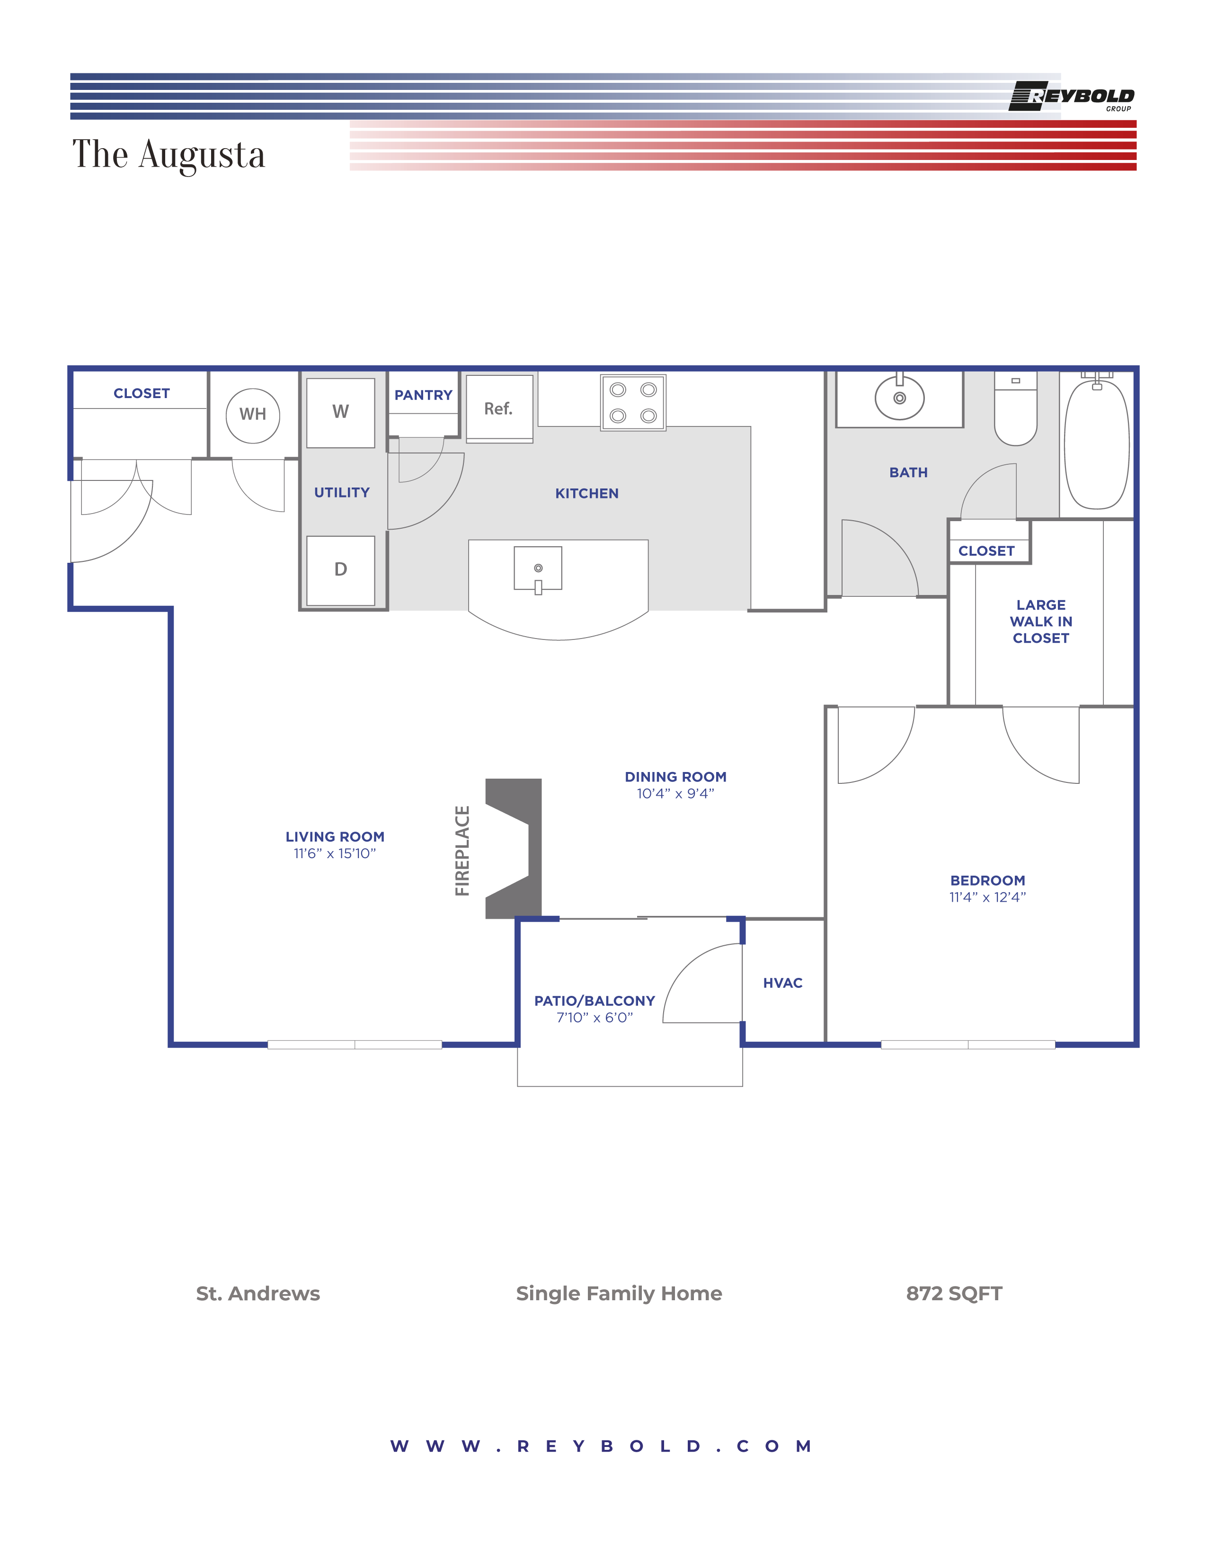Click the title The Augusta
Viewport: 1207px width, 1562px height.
169,154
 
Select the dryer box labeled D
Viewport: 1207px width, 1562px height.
340,570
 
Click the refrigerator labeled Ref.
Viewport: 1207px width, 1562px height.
499,408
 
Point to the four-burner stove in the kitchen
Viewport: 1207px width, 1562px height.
633,403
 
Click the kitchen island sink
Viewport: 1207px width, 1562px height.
538,568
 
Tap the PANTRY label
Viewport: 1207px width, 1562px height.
423,396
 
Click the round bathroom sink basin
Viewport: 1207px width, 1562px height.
899,399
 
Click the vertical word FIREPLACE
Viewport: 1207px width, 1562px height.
462,851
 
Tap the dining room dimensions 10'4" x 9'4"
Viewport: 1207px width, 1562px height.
675,794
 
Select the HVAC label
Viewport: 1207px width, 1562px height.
782,984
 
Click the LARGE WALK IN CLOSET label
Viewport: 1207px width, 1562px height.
1040,621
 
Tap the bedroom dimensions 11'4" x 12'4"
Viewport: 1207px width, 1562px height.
987,897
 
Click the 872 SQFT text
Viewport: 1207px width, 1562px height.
954,1294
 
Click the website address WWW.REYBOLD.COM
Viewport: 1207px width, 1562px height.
601,1446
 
